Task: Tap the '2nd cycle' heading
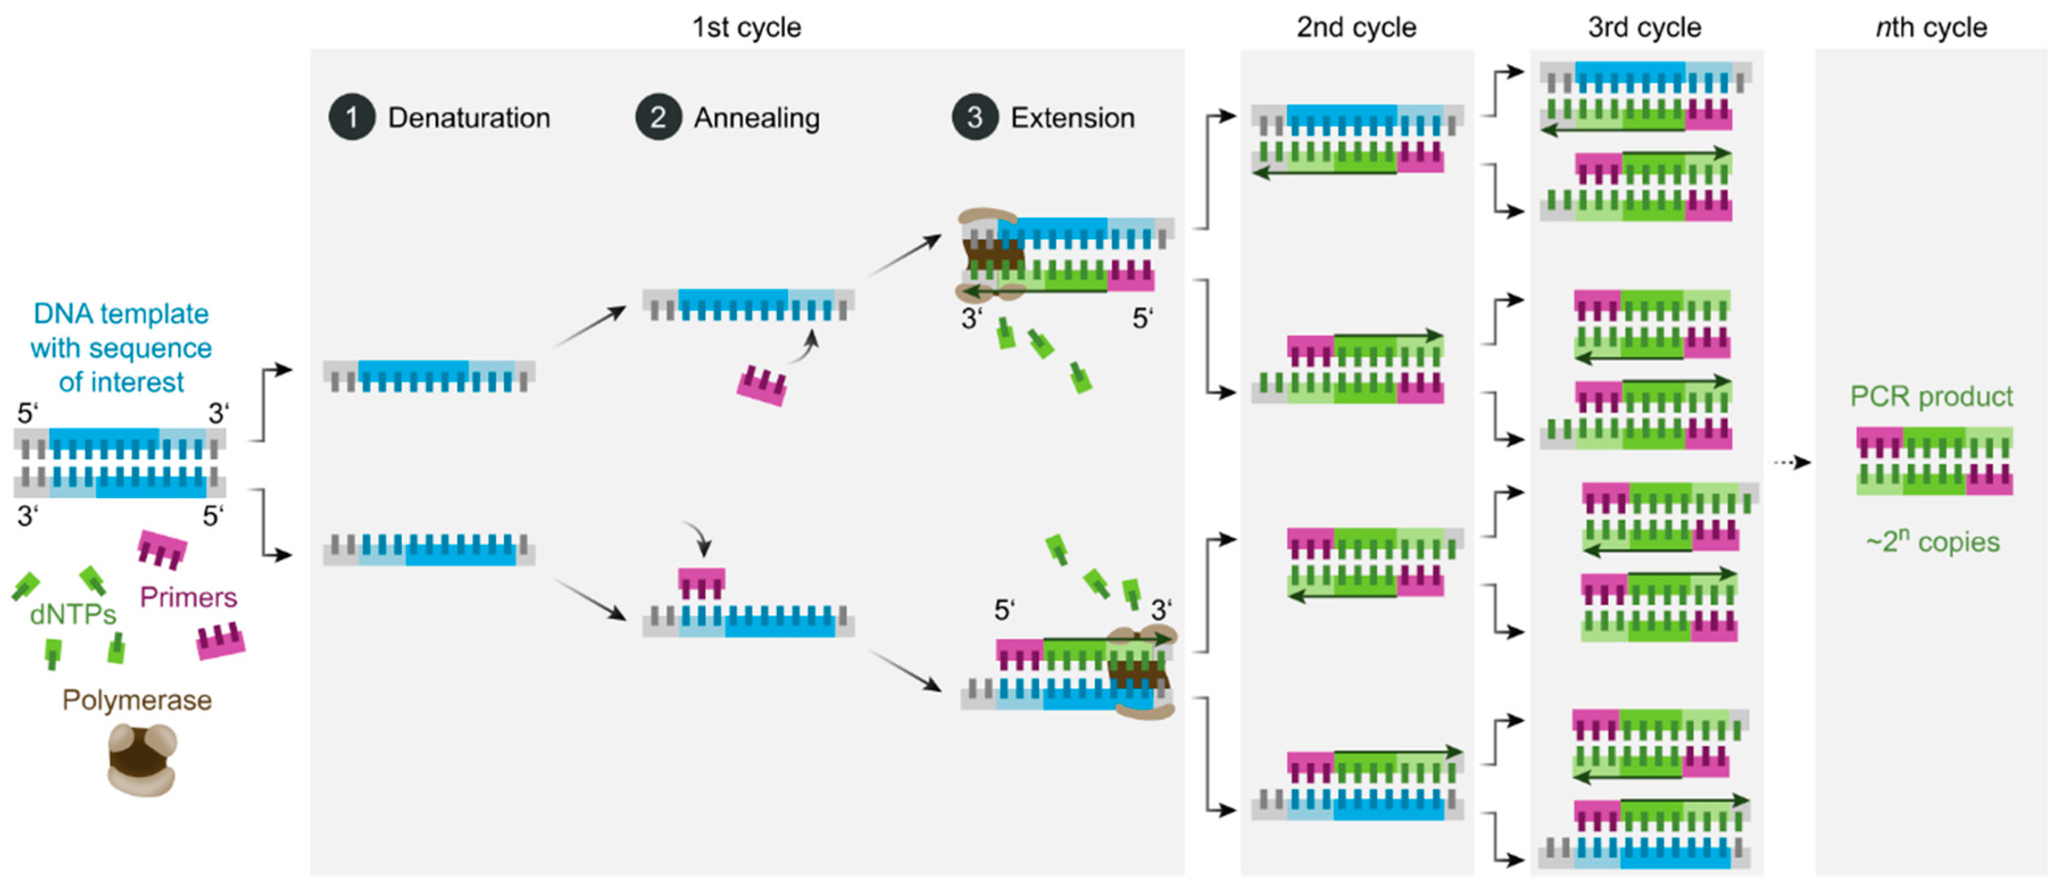[1356, 27]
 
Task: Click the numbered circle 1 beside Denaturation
[351, 118]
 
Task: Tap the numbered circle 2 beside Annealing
[658, 118]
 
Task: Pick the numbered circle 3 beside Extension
[974, 118]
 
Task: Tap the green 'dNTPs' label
[72, 615]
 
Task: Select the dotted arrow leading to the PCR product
[1790, 462]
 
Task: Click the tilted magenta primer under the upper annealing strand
[761, 386]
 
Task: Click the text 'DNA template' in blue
[121, 314]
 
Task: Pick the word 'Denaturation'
[469, 118]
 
